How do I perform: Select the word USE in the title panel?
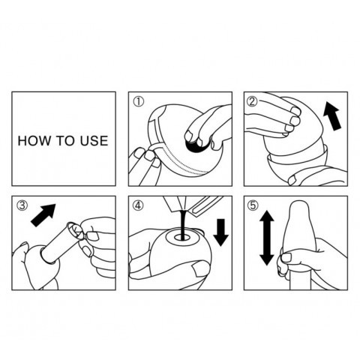click(94, 141)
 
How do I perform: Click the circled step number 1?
click(139, 101)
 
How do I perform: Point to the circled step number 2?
click(252, 101)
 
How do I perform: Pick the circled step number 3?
click(22, 205)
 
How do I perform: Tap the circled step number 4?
click(139, 205)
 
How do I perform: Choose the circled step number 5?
click(252, 205)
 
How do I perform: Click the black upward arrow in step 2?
click(331, 117)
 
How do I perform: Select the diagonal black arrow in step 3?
click(43, 215)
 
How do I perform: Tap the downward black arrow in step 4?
click(220, 232)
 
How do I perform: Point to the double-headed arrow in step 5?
click(267, 238)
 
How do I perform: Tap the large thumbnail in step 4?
click(199, 268)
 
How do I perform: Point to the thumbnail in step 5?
click(286, 257)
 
